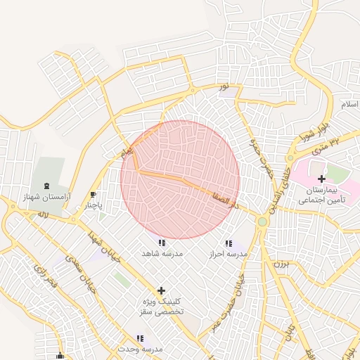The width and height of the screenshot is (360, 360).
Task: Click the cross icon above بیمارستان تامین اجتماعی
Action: click(x=322, y=179)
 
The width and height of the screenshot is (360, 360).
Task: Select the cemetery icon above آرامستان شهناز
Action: click(x=47, y=186)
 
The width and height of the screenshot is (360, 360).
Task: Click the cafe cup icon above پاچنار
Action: click(x=94, y=195)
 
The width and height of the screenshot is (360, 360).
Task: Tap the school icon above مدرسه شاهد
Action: click(x=162, y=243)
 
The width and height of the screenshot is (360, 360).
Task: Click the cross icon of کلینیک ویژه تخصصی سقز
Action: click(x=161, y=290)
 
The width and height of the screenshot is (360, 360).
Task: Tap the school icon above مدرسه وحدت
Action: click(x=140, y=338)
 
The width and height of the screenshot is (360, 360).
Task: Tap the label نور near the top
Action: click(x=224, y=86)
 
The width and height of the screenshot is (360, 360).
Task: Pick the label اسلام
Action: click(x=349, y=104)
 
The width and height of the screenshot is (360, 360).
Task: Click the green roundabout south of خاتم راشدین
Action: click(x=262, y=222)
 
